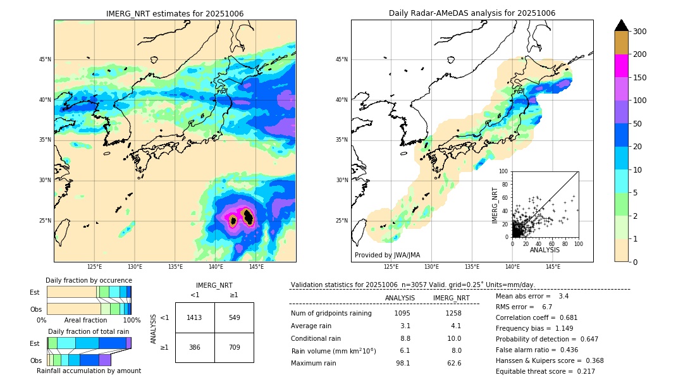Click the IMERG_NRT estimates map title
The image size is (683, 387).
click(175, 14)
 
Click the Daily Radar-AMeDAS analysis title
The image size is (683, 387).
click(472, 14)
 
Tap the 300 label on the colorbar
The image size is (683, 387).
click(639, 32)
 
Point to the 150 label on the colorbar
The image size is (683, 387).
click(639, 78)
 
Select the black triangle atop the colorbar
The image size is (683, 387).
click(622, 25)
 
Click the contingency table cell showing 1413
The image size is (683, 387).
click(195, 317)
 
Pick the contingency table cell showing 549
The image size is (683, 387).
click(234, 317)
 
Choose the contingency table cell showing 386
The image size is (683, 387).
click(195, 347)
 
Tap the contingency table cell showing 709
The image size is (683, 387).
click(234, 347)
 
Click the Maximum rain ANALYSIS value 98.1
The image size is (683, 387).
click(402, 363)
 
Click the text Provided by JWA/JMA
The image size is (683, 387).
click(387, 255)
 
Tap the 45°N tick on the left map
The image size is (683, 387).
click(45, 59)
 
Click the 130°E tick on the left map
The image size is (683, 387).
click(135, 267)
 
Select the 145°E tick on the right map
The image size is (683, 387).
click(553, 267)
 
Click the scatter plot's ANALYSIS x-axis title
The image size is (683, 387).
click(545, 250)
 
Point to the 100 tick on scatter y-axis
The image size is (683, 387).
click(504, 171)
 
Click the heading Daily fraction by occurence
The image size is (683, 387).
click(89, 281)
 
